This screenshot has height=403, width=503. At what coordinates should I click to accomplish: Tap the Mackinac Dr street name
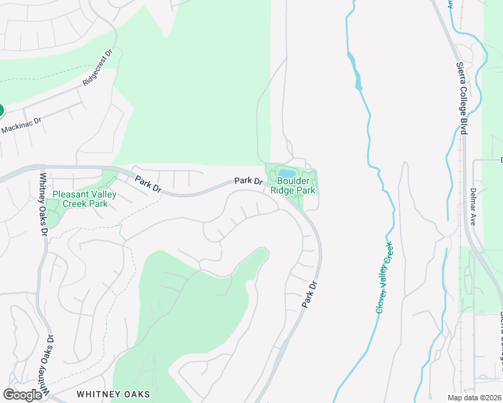21,124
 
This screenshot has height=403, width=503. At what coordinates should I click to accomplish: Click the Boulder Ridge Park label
293,185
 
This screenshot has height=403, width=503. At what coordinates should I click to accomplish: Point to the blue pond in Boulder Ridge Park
286,173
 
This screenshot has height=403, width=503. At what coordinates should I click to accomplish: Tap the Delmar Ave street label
473,206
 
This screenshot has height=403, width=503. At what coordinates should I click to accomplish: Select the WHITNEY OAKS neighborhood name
113,394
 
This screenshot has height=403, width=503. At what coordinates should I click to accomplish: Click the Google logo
22,395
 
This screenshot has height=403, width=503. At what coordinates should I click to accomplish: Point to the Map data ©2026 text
474,398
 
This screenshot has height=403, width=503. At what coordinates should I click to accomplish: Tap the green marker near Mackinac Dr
1,110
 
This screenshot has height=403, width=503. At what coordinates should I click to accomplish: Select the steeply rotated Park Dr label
309,296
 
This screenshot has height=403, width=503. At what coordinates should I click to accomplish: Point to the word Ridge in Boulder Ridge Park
282,190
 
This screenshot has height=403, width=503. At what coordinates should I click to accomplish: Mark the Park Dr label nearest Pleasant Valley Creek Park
148,184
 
